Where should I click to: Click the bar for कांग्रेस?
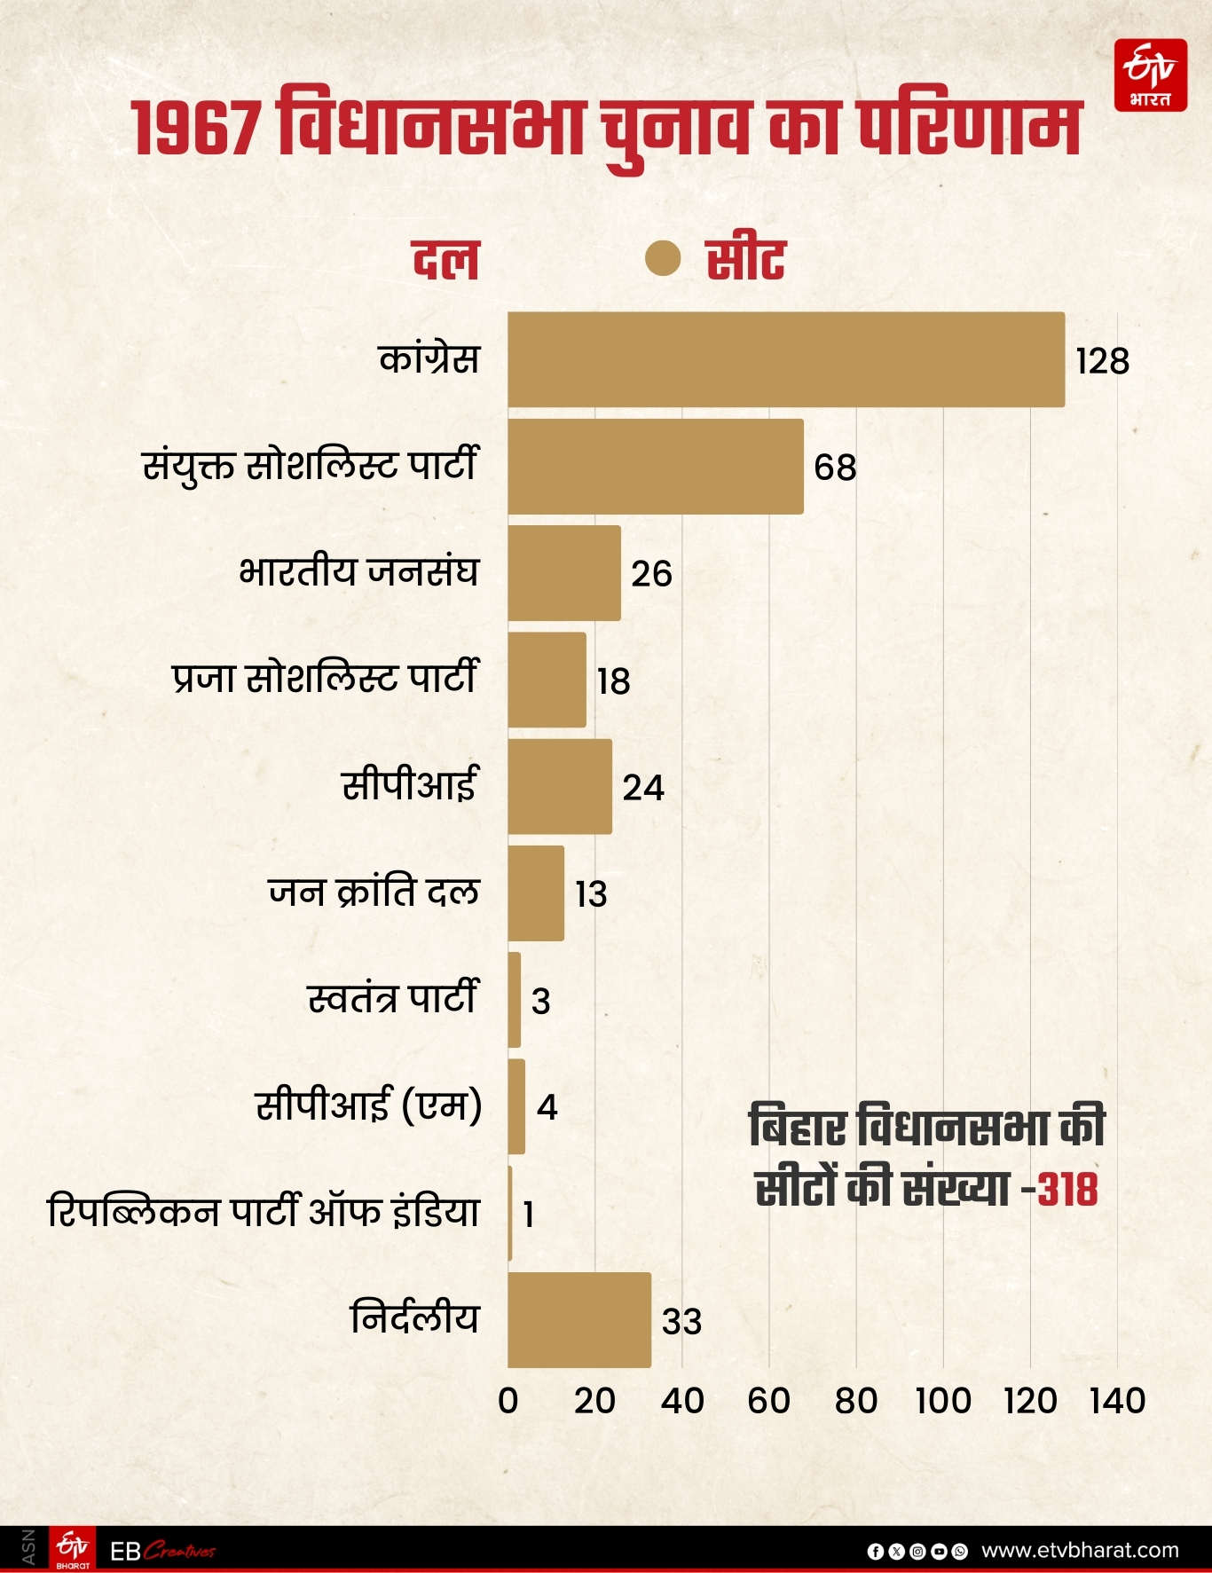pyautogui.click(x=786, y=359)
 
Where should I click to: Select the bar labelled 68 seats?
pyautogui.click(x=656, y=467)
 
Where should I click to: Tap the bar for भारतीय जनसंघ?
pyautogui.click(x=564, y=573)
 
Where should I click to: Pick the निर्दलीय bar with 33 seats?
pyautogui.click(x=579, y=1320)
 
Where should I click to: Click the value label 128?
pyautogui.click(x=1102, y=361)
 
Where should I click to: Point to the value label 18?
pyautogui.click(x=613, y=681)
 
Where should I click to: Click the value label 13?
pyautogui.click(x=591, y=894)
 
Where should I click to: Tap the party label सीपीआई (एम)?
pyautogui.click(x=369, y=1105)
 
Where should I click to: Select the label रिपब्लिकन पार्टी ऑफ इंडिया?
pyautogui.click(x=264, y=1212)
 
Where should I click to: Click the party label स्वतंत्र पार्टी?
pyautogui.click(x=393, y=999)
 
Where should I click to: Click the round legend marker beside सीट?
pyautogui.click(x=663, y=259)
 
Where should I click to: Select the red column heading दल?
pyautogui.click(x=445, y=260)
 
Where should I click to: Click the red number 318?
pyautogui.click(x=1067, y=1189)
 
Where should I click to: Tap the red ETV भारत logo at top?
pyautogui.click(x=1151, y=75)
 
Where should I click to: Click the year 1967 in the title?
pyautogui.click(x=196, y=129)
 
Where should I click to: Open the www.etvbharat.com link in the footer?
pyautogui.click(x=1080, y=1550)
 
